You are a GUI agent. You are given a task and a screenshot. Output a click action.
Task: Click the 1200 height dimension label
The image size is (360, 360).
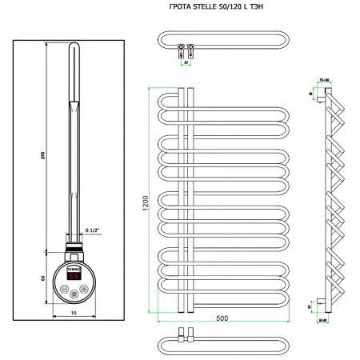[x=144, y=196]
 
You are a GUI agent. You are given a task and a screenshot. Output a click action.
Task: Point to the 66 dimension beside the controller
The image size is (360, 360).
[x=42, y=277]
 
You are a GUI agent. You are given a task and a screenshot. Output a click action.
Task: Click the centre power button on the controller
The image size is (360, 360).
[x=74, y=294]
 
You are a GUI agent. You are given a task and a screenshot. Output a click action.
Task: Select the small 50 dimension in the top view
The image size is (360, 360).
[x=185, y=60]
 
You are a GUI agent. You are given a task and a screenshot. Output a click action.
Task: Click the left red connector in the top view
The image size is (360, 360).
[x=180, y=47]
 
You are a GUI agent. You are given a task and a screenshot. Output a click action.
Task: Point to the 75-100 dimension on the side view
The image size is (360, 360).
[x=325, y=80]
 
